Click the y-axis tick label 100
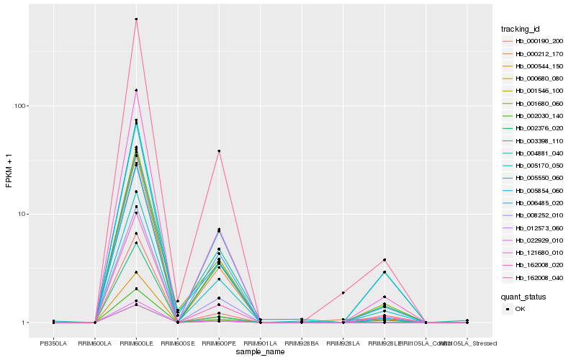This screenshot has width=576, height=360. tap(21, 106)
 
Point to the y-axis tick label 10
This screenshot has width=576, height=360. tap(23, 215)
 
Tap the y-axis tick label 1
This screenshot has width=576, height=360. tap(25, 323)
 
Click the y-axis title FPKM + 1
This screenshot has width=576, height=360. tap(9, 171)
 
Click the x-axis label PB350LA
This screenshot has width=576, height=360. tap(53, 343)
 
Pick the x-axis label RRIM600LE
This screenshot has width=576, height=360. tap(136, 343)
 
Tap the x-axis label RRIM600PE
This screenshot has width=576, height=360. tap(219, 343)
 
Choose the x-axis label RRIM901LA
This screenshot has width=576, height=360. tap(260, 343)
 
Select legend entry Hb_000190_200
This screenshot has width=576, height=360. tap(539, 42)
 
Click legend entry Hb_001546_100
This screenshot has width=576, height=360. tap(539, 91)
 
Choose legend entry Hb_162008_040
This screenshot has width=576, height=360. tap(539, 277)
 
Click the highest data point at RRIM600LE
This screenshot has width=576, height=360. tap(136, 19)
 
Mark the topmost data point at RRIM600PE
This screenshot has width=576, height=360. tap(219, 151)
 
